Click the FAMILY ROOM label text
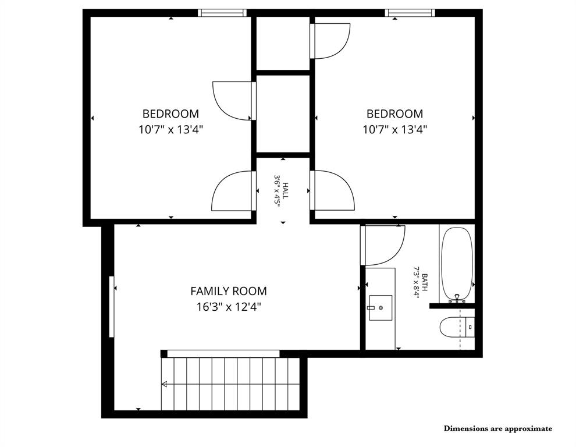coord(229,291)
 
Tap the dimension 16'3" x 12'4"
coord(229,307)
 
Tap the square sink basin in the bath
coord(381,307)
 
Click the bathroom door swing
coord(383,244)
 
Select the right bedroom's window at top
coord(410,13)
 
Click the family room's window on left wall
coord(111,306)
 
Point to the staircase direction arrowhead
coord(165,384)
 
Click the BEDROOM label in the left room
coord(170,114)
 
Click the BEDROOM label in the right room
coord(394,114)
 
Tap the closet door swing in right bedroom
coord(330,41)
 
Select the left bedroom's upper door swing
coord(233,100)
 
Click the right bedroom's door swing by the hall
coord(333,190)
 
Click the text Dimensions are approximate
coord(498,428)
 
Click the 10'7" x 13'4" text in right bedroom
coord(394,130)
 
